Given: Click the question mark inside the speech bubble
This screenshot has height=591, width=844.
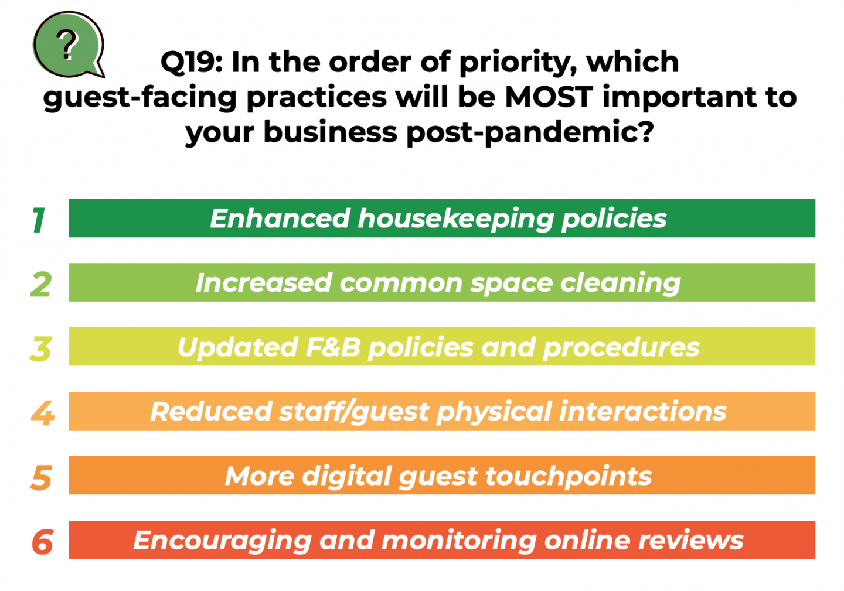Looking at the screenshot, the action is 67,45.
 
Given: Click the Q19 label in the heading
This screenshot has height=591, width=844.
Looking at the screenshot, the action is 192,62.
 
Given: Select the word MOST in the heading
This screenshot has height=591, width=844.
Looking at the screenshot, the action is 549,97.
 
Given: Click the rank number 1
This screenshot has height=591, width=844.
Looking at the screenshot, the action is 39,220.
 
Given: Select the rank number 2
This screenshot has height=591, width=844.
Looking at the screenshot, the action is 41,284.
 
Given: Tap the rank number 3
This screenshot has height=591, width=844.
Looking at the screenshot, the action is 40,349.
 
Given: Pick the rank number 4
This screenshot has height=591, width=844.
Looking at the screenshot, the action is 43,413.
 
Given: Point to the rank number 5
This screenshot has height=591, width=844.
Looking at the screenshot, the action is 41,477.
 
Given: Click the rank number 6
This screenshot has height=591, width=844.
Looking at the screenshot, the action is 42,542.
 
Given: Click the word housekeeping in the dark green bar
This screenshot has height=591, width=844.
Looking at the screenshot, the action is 455,219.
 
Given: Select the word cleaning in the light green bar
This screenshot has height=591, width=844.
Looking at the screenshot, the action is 620,283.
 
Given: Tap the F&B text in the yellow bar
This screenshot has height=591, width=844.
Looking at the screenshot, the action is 333,347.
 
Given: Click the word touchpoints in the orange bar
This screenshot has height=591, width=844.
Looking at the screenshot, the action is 569,477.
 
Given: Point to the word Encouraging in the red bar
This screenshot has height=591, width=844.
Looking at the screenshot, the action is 222,541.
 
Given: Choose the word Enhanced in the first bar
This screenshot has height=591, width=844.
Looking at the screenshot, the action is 280,218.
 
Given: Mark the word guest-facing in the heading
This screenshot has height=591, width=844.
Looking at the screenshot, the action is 139,98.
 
